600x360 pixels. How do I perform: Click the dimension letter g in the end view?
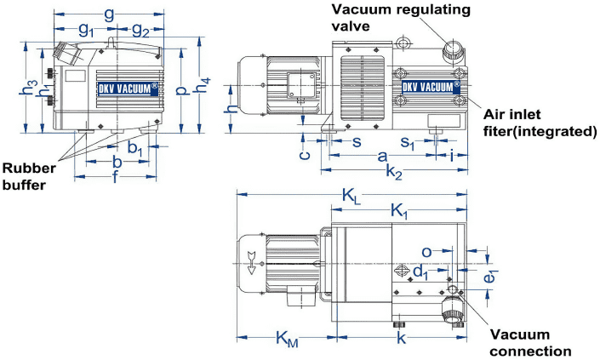pyautogui.click(x=108, y=14)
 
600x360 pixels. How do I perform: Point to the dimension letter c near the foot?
pyautogui.click(x=303, y=156)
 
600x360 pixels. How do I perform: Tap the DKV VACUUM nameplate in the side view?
pyautogui.click(x=427, y=85)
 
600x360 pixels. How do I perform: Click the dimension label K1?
pyautogui.click(x=398, y=210)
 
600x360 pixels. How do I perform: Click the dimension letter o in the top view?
pyautogui.click(x=428, y=252)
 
